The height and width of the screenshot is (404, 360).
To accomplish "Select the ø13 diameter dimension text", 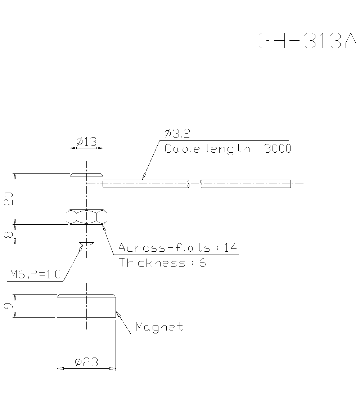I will (x=86, y=142).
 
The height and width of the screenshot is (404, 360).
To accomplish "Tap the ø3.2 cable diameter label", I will (x=177, y=134).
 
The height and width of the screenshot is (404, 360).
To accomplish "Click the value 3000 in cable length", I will (x=278, y=149).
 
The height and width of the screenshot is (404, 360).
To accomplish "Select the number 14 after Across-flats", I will (x=230, y=248).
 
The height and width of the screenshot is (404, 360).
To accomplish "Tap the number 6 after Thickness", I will (x=202, y=263).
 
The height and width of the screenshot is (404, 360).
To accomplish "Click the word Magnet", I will (x=159, y=327).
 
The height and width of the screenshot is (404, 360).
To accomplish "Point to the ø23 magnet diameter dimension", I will (x=86, y=362).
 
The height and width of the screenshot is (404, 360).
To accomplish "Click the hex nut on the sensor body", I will (x=86, y=217).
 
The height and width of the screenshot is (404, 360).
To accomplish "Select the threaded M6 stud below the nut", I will (x=86, y=234).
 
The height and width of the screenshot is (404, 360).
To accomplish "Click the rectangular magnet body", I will (x=86, y=306).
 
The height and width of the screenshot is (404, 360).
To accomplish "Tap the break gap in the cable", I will (x=195, y=184).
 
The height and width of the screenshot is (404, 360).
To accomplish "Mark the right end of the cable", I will (x=290, y=184).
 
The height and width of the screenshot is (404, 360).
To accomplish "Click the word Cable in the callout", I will (x=182, y=149).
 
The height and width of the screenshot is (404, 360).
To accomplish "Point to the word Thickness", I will (x=152, y=263).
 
